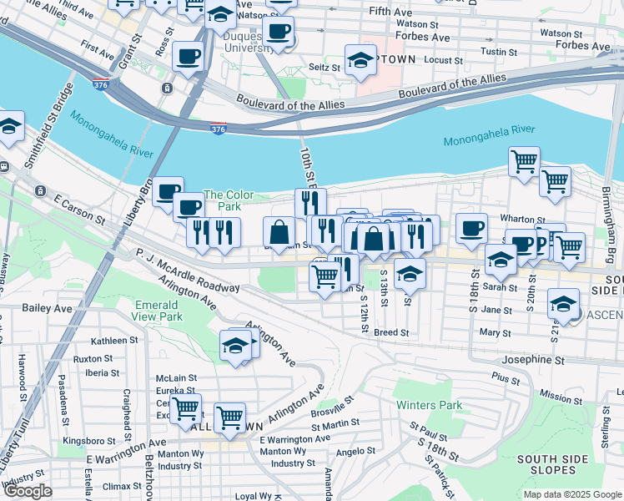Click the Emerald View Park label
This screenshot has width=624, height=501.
click(158, 311)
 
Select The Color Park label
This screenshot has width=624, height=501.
click(222, 200)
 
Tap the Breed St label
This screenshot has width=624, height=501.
click(391, 332)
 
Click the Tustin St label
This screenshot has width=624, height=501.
click(499, 52)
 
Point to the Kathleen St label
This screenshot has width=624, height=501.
click(114, 341)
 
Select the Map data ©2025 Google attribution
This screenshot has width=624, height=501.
click(571, 494)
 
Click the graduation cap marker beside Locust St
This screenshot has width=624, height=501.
click(360, 60)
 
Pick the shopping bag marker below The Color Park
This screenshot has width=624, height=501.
click(279, 231)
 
